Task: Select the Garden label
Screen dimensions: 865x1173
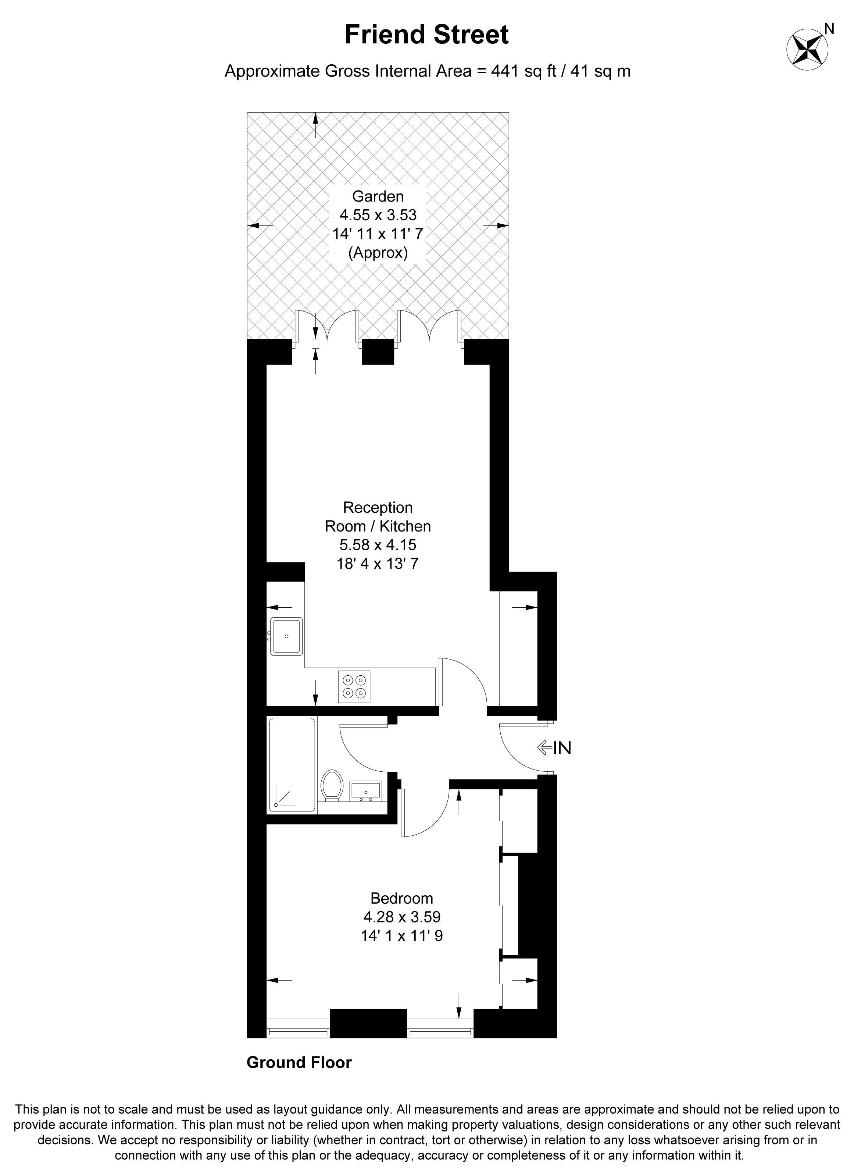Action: coord(378,196)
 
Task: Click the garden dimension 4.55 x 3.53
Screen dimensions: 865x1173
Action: coord(378,215)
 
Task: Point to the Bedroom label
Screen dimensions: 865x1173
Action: coord(401,899)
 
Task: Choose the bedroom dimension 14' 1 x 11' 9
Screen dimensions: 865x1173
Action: coord(401,936)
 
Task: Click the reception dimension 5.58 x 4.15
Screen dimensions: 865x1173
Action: coord(378,545)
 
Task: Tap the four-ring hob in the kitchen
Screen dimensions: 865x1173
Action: coord(354,687)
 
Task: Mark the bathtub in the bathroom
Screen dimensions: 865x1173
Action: coord(293,766)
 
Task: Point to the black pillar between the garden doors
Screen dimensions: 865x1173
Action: coord(378,352)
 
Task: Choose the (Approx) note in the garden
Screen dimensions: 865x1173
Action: coord(378,253)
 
